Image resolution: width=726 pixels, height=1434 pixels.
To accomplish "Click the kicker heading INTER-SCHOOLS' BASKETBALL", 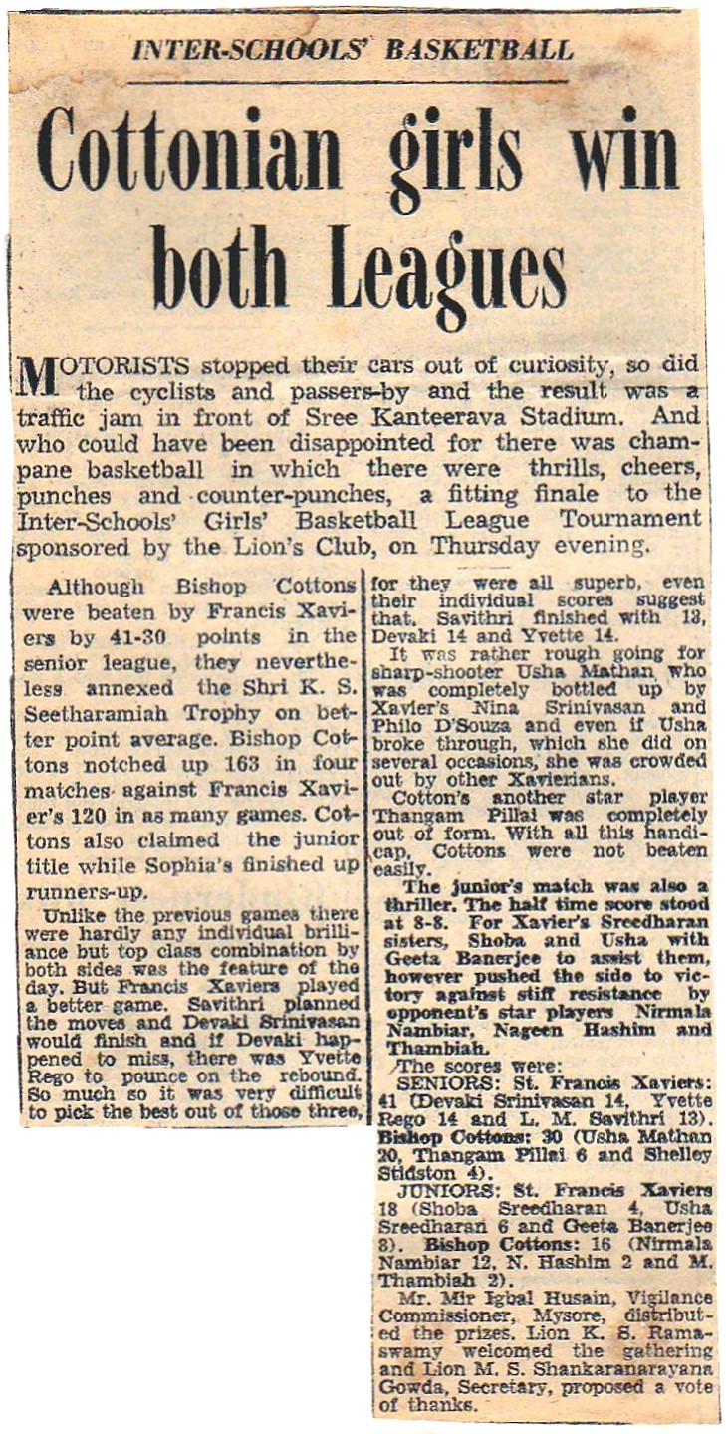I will (x=354, y=50).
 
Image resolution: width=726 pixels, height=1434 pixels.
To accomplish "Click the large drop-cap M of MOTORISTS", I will (x=37, y=375).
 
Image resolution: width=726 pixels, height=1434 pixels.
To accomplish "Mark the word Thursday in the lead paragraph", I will (x=485, y=545).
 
